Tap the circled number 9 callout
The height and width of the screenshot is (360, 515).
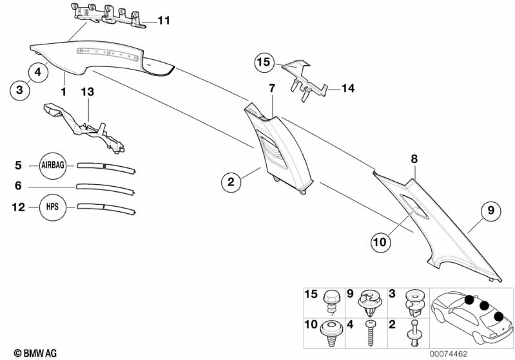pyautogui.click(x=490, y=210)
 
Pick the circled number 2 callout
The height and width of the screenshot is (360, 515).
pyautogui.click(x=231, y=182)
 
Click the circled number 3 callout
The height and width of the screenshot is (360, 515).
pyautogui.click(x=19, y=90)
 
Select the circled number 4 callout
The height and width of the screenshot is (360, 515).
pyautogui.click(x=38, y=73)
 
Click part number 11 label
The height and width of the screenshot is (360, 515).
pyautogui.click(x=164, y=21)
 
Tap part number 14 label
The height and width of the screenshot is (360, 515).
pyautogui.click(x=348, y=89)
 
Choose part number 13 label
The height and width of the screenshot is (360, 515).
pyautogui.click(x=87, y=93)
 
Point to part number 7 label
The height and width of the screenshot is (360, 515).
pyautogui.click(x=272, y=88)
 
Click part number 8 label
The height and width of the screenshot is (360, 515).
pyautogui.click(x=414, y=158)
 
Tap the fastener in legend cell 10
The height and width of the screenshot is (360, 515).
pyautogui.click(x=333, y=330)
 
